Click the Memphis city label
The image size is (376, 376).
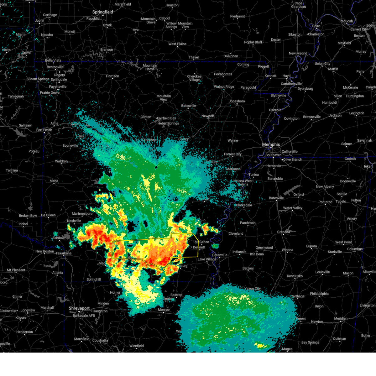(271, 144)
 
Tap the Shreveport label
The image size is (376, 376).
(79, 308)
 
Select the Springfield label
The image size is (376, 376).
(102, 12)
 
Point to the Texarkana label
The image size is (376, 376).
(64, 253)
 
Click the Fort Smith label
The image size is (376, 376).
(44, 130)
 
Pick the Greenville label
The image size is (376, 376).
(220, 255)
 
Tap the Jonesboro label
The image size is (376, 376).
(237, 101)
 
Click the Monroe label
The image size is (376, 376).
(164, 310)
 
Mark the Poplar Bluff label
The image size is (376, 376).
(253, 42)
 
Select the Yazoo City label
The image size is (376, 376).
(253, 289)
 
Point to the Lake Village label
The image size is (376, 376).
(207, 259)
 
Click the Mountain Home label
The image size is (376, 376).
(150, 67)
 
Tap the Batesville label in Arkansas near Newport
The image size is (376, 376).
(189, 106)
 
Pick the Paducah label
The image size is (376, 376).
(346, 21)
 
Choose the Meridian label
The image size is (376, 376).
(341, 319)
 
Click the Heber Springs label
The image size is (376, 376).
(168, 123)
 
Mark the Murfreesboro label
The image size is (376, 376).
(82, 214)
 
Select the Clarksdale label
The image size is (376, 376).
(244, 205)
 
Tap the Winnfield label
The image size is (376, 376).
(137, 346)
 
